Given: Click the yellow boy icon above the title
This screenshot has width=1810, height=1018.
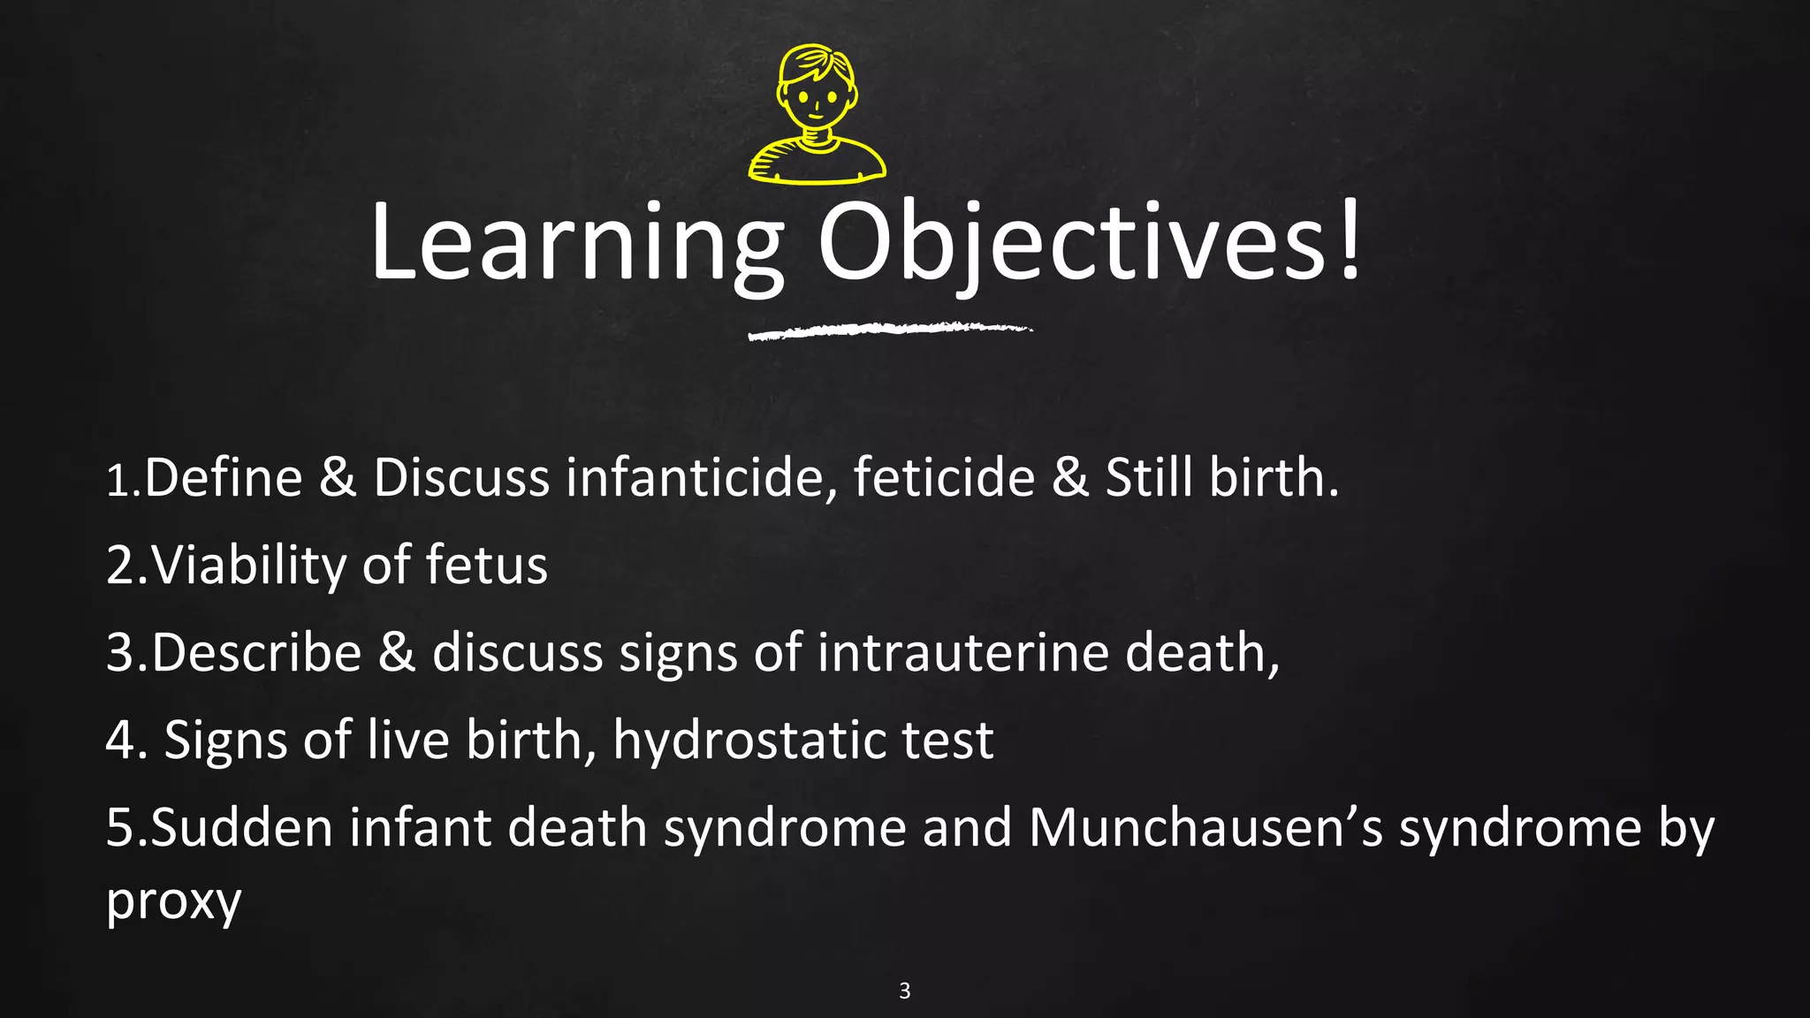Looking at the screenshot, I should [x=817, y=115].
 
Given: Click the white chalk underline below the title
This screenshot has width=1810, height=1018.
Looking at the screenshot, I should [x=889, y=330].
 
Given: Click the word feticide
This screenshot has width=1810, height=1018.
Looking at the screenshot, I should [x=944, y=478].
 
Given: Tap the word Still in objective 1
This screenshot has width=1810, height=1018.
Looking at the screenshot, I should [x=1149, y=478].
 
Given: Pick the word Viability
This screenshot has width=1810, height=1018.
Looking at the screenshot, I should [x=248, y=566].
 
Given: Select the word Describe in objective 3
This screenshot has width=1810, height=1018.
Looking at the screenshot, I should [x=256, y=653].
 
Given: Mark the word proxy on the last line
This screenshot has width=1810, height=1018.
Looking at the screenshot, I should [x=173, y=901].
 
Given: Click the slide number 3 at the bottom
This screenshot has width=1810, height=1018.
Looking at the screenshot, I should [x=904, y=991].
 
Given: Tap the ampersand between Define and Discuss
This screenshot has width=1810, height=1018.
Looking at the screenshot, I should [x=338, y=478].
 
